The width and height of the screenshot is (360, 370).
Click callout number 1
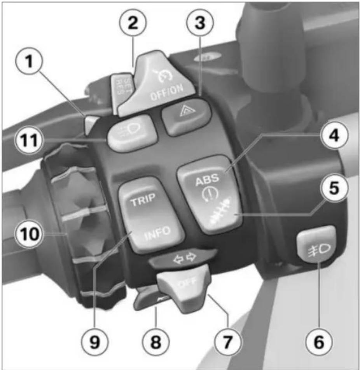[29, 61]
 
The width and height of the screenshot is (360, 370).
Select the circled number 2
[133, 23]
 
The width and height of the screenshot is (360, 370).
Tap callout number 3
[200, 23]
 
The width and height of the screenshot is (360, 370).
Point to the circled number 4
[334, 135]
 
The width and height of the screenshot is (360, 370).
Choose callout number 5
[334, 188]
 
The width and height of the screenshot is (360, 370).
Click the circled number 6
[319, 342]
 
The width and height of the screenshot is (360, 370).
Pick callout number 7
[227, 342]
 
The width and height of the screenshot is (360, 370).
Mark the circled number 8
[156, 342]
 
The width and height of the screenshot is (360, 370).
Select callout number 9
[95, 342]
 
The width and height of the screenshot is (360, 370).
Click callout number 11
[29, 140]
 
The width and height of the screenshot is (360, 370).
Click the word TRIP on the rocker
[143, 199]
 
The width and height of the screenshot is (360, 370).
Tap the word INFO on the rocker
[157, 233]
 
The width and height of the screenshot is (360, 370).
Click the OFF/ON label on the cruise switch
[167, 92]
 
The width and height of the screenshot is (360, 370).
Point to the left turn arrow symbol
[178, 260]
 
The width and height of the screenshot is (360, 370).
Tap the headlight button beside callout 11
[132, 133]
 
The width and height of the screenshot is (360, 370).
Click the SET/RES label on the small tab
[122, 86]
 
